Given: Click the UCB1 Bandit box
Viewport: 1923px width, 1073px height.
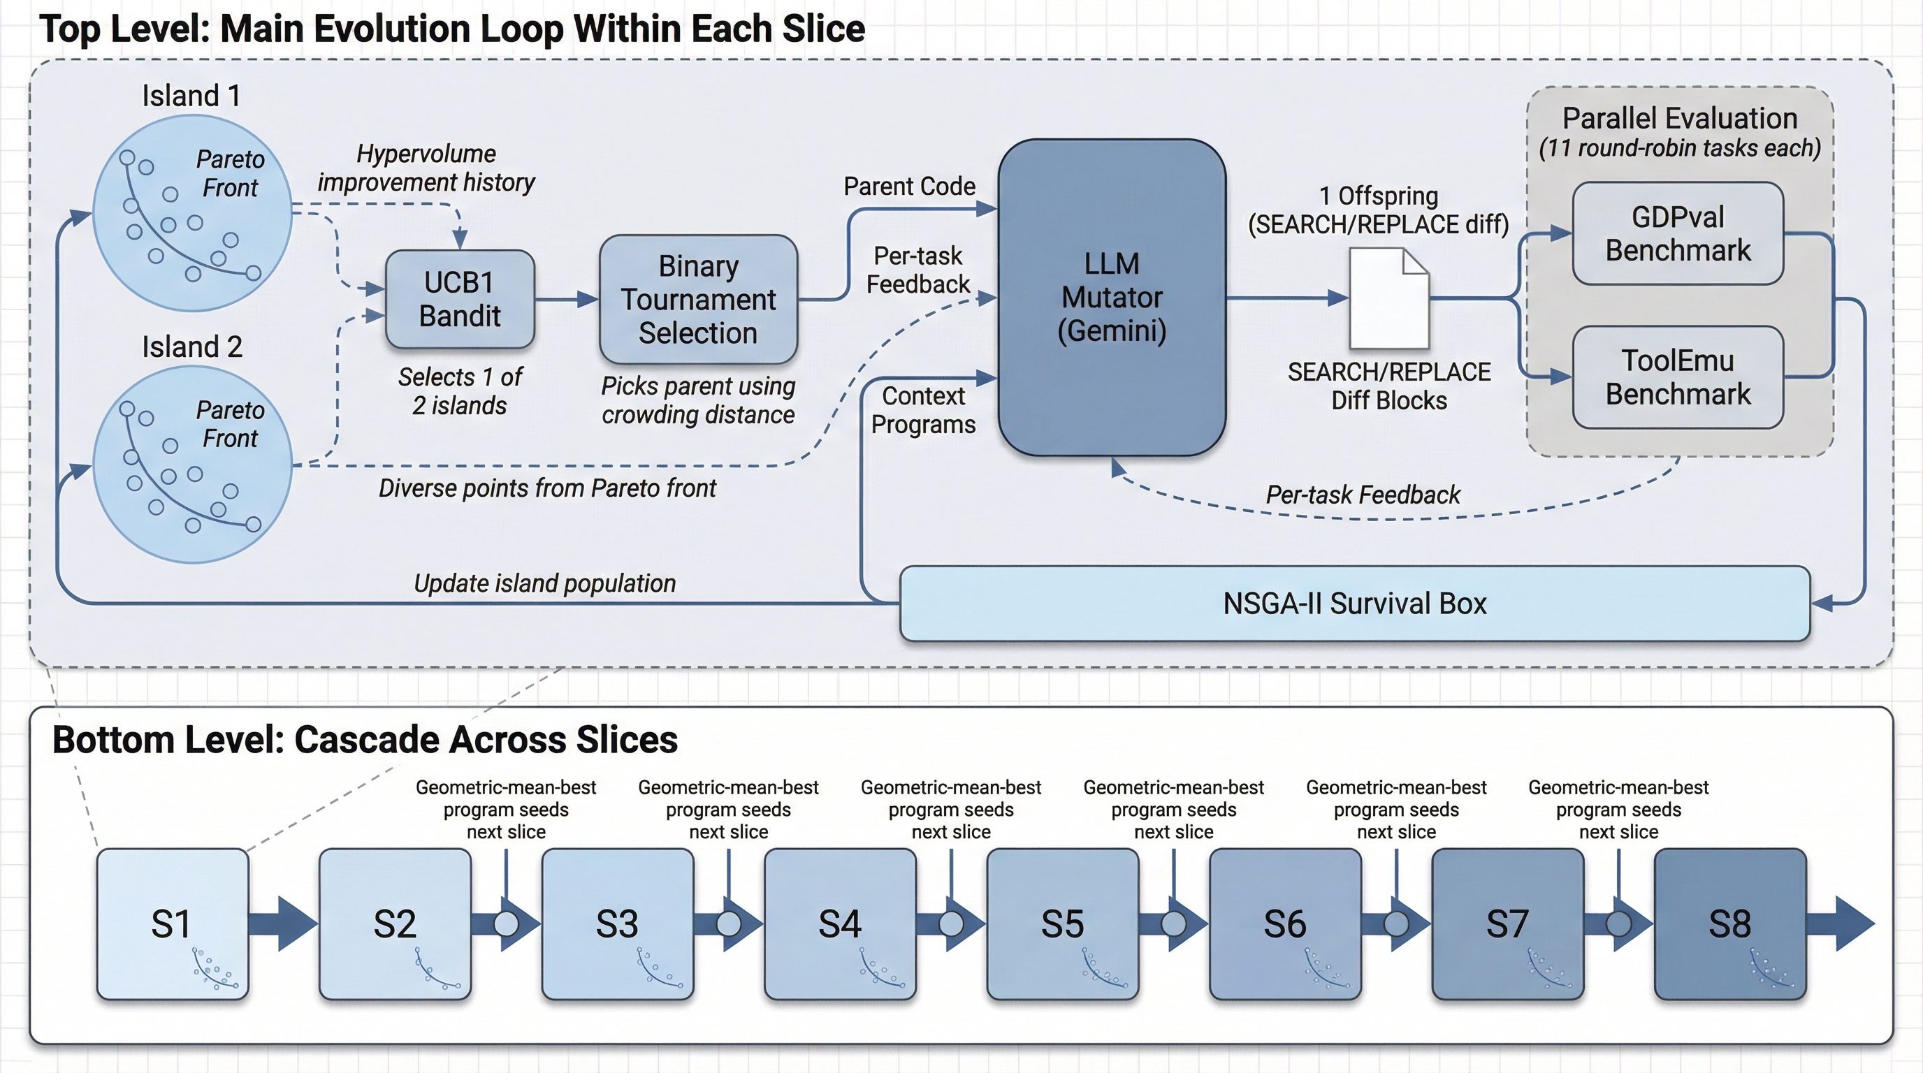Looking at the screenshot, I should pos(460,299).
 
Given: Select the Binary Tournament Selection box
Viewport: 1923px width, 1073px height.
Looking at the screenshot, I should pos(698,299).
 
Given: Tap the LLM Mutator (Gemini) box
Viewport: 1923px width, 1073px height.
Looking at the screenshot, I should pos(1112,297).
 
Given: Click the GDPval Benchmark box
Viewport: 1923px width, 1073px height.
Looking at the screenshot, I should pos(1678,233).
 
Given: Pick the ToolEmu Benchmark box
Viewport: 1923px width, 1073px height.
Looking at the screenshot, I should pos(1678,377).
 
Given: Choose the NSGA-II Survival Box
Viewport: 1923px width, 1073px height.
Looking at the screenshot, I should pos(1354,604).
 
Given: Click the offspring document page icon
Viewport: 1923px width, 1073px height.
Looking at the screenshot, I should pos(1388,298).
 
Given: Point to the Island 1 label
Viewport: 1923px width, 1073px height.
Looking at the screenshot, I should pos(191,96).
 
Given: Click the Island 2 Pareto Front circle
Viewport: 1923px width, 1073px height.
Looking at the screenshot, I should pos(192,464).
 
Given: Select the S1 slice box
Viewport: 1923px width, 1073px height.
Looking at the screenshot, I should pos(173,924).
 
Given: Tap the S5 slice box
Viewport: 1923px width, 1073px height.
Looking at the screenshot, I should pos(1062,924).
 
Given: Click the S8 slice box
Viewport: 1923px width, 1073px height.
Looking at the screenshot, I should pos(1729,924).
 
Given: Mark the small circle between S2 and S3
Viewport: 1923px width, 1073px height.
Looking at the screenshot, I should pos(506,924).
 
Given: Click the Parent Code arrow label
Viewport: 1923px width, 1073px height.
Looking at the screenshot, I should pos(908,186).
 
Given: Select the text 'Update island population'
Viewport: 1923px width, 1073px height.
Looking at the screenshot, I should pos(544,583).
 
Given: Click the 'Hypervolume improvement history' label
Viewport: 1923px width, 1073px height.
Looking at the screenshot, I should pos(426,168).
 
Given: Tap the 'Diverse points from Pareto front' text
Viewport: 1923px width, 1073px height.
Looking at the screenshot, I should pos(546,488).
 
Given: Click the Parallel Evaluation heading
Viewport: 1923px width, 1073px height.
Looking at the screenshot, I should pos(1680,119).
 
